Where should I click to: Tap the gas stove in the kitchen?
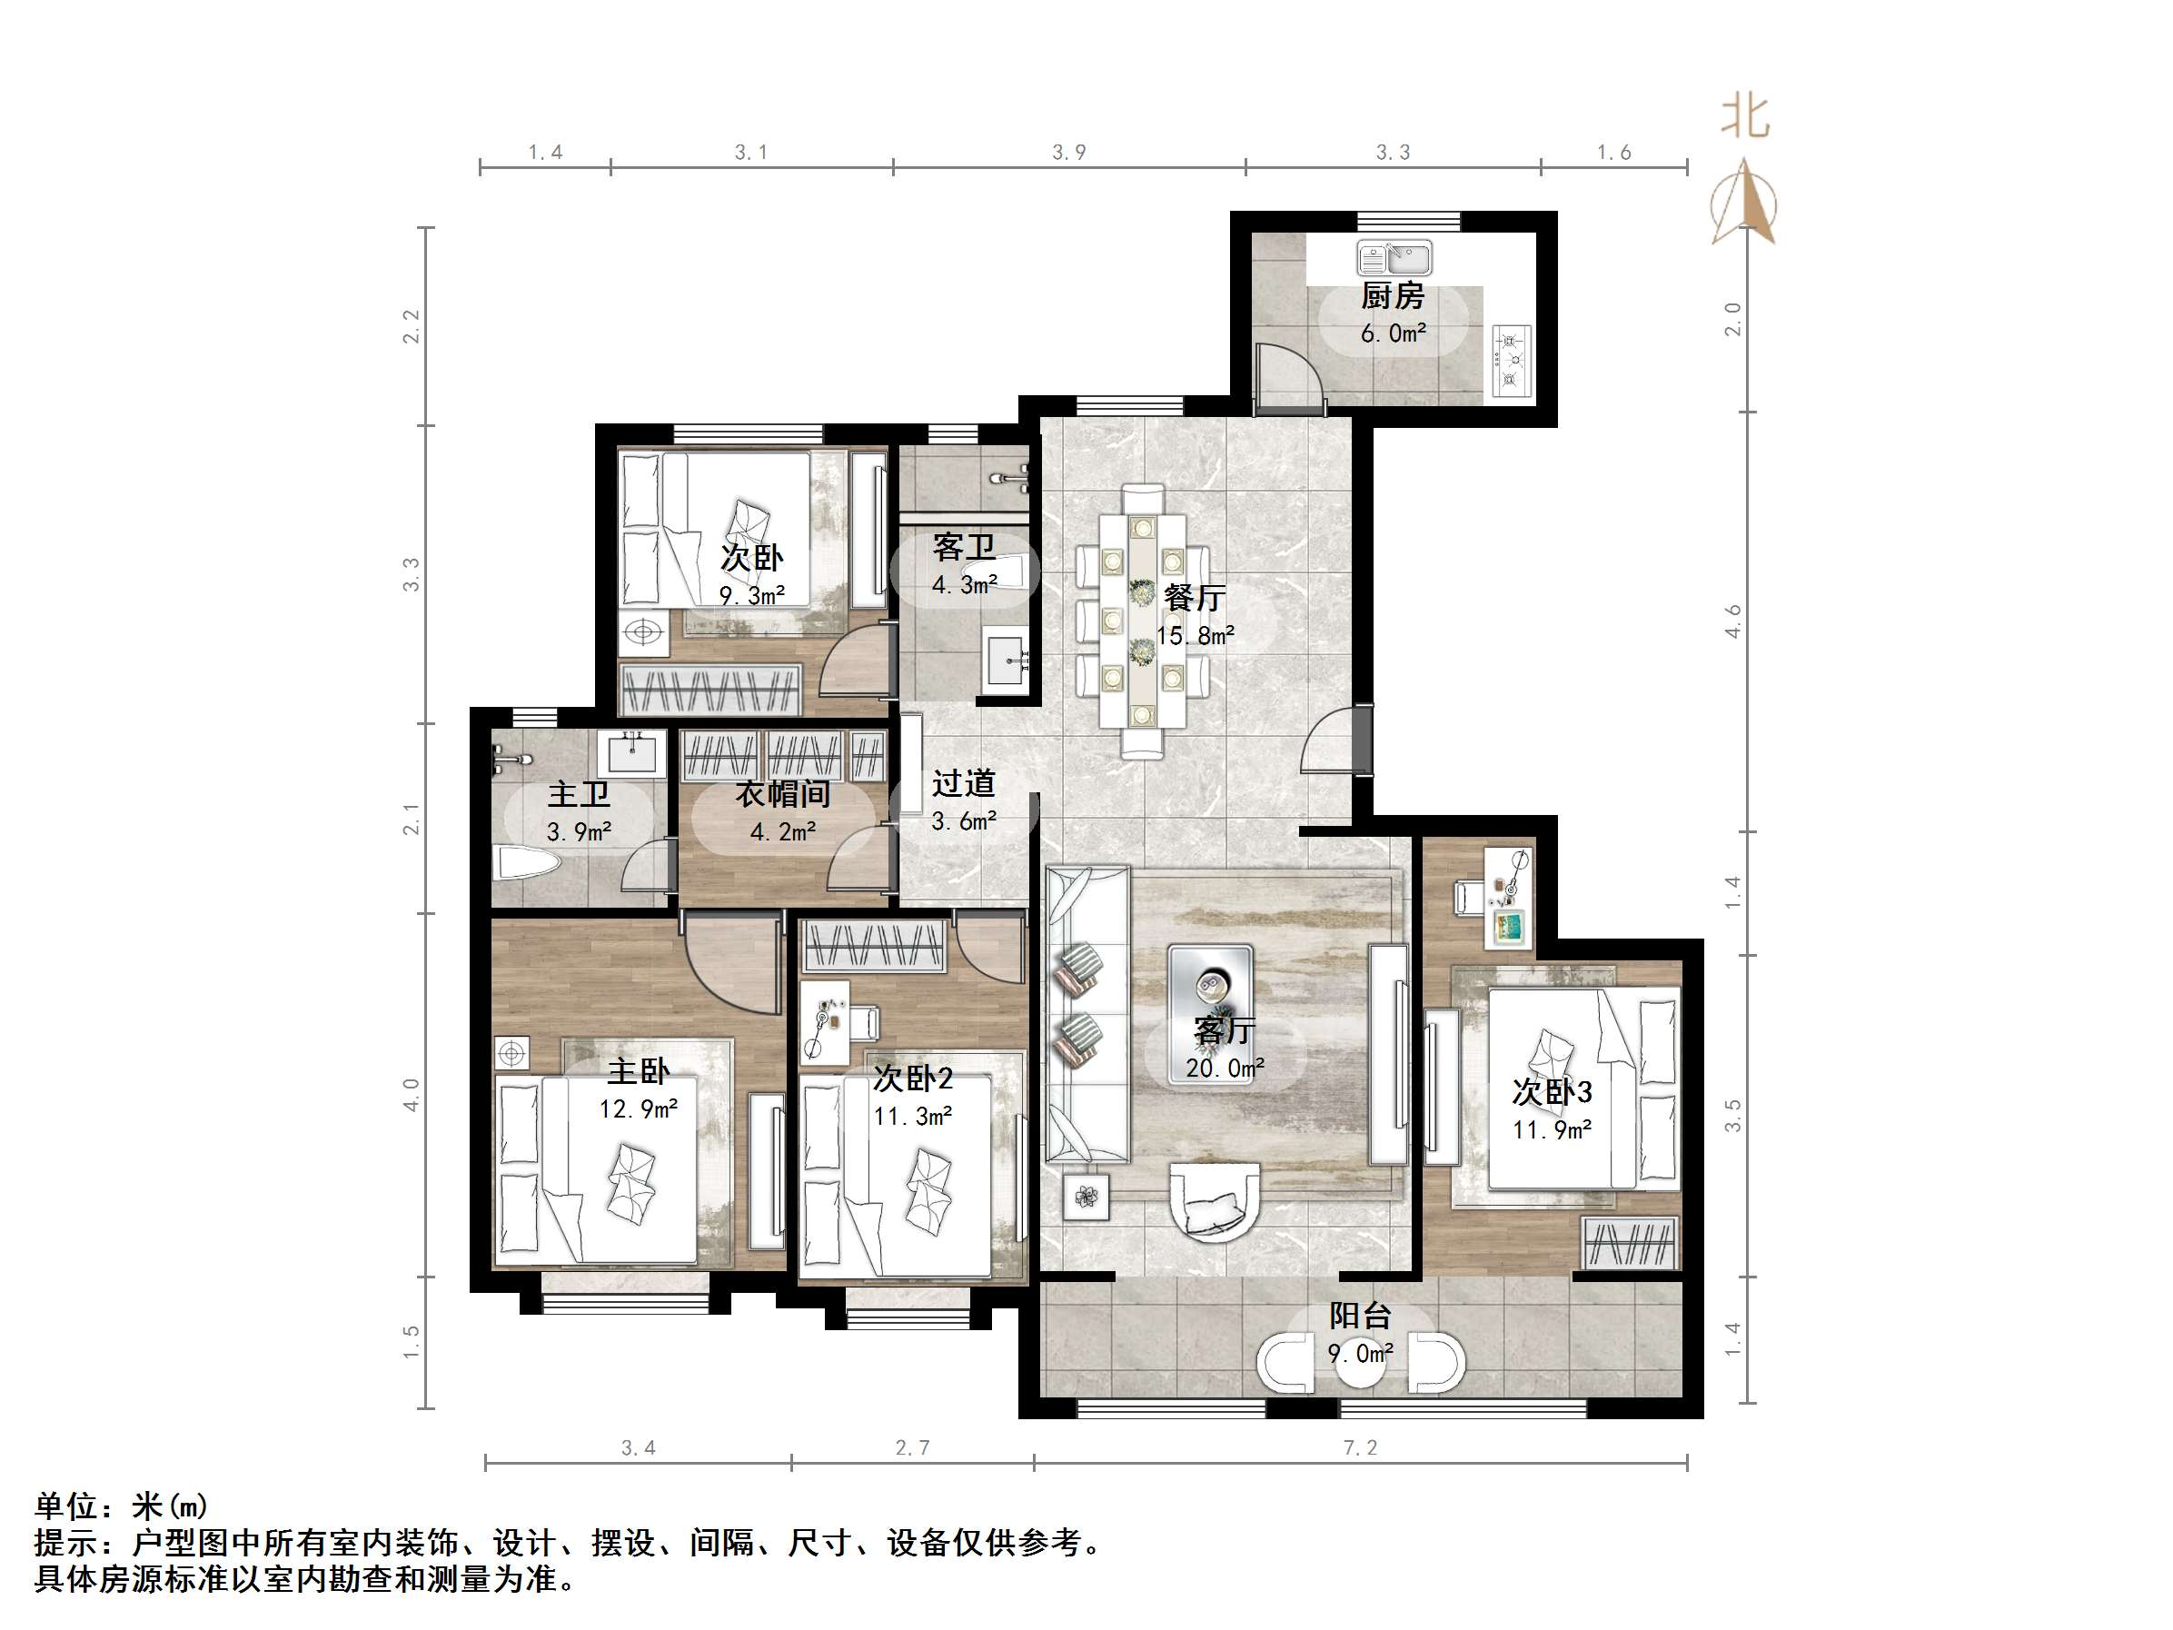(1511, 361)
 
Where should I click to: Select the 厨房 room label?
(1392, 294)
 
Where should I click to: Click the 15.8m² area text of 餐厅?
(1196, 636)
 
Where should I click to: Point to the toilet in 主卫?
(528, 864)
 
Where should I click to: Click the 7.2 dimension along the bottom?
(1360, 1447)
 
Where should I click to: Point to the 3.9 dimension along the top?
(1069, 153)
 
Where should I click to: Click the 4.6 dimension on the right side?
(1733, 621)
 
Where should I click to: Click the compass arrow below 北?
(1745, 204)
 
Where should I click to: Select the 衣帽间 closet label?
(782, 794)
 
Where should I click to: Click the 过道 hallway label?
(964, 783)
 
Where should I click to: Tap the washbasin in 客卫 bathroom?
(1006, 659)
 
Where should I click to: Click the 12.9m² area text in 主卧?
(639, 1109)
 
